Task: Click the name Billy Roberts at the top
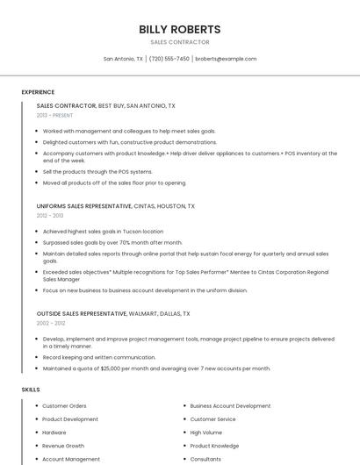(180, 29)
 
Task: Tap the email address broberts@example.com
(226, 59)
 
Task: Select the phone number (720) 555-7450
(169, 59)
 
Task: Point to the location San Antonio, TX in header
(123, 59)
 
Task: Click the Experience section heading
(38, 92)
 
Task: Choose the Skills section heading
(31, 389)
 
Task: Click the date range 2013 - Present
(54, 115)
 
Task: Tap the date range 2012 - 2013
(50, 215)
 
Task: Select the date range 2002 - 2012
(50, 323)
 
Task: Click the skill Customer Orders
(64, 406)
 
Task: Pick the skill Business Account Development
(230, 406)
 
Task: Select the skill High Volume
(205, 433)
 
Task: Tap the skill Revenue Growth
(63, 446)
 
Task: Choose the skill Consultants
(205, 459)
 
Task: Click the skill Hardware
(54, 433)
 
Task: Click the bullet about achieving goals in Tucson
(103, 232)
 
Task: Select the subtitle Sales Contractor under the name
(180, 42)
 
